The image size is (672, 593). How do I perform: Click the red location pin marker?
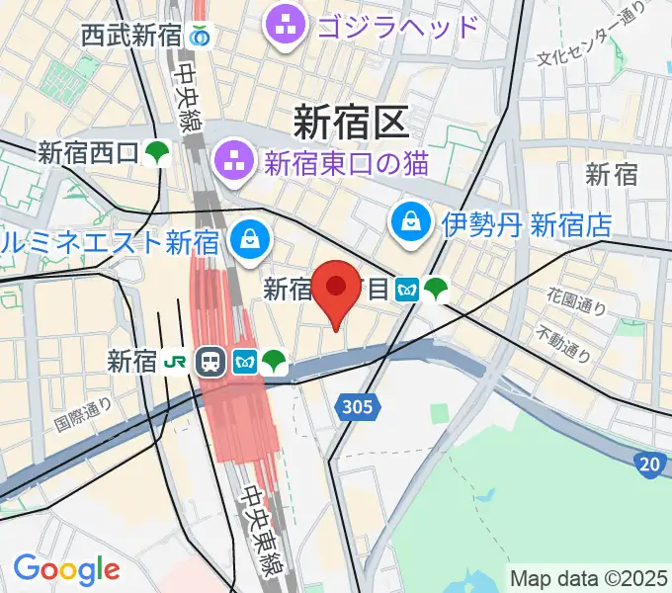pyautogui.click(x=337, y=290)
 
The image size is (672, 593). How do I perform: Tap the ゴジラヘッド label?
pyautogui.click(x=398, y=22)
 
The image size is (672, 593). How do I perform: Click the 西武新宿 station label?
pyautogui.click(x=130, y=38)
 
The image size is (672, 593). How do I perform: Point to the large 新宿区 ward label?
pyautogui.click(x=350, y=123)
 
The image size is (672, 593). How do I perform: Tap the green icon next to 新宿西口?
pyautogui.click(x=156, y=153)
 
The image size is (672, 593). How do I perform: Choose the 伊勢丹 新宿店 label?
pyautogui.click(x=527, y=224)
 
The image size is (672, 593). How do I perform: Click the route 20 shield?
pyautogui.click(x=649, y=462)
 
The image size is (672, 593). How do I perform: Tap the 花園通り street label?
pyautogui.click(x=577, y=300)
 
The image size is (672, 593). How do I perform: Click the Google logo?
pyautogui.click(x=65, y=569)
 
